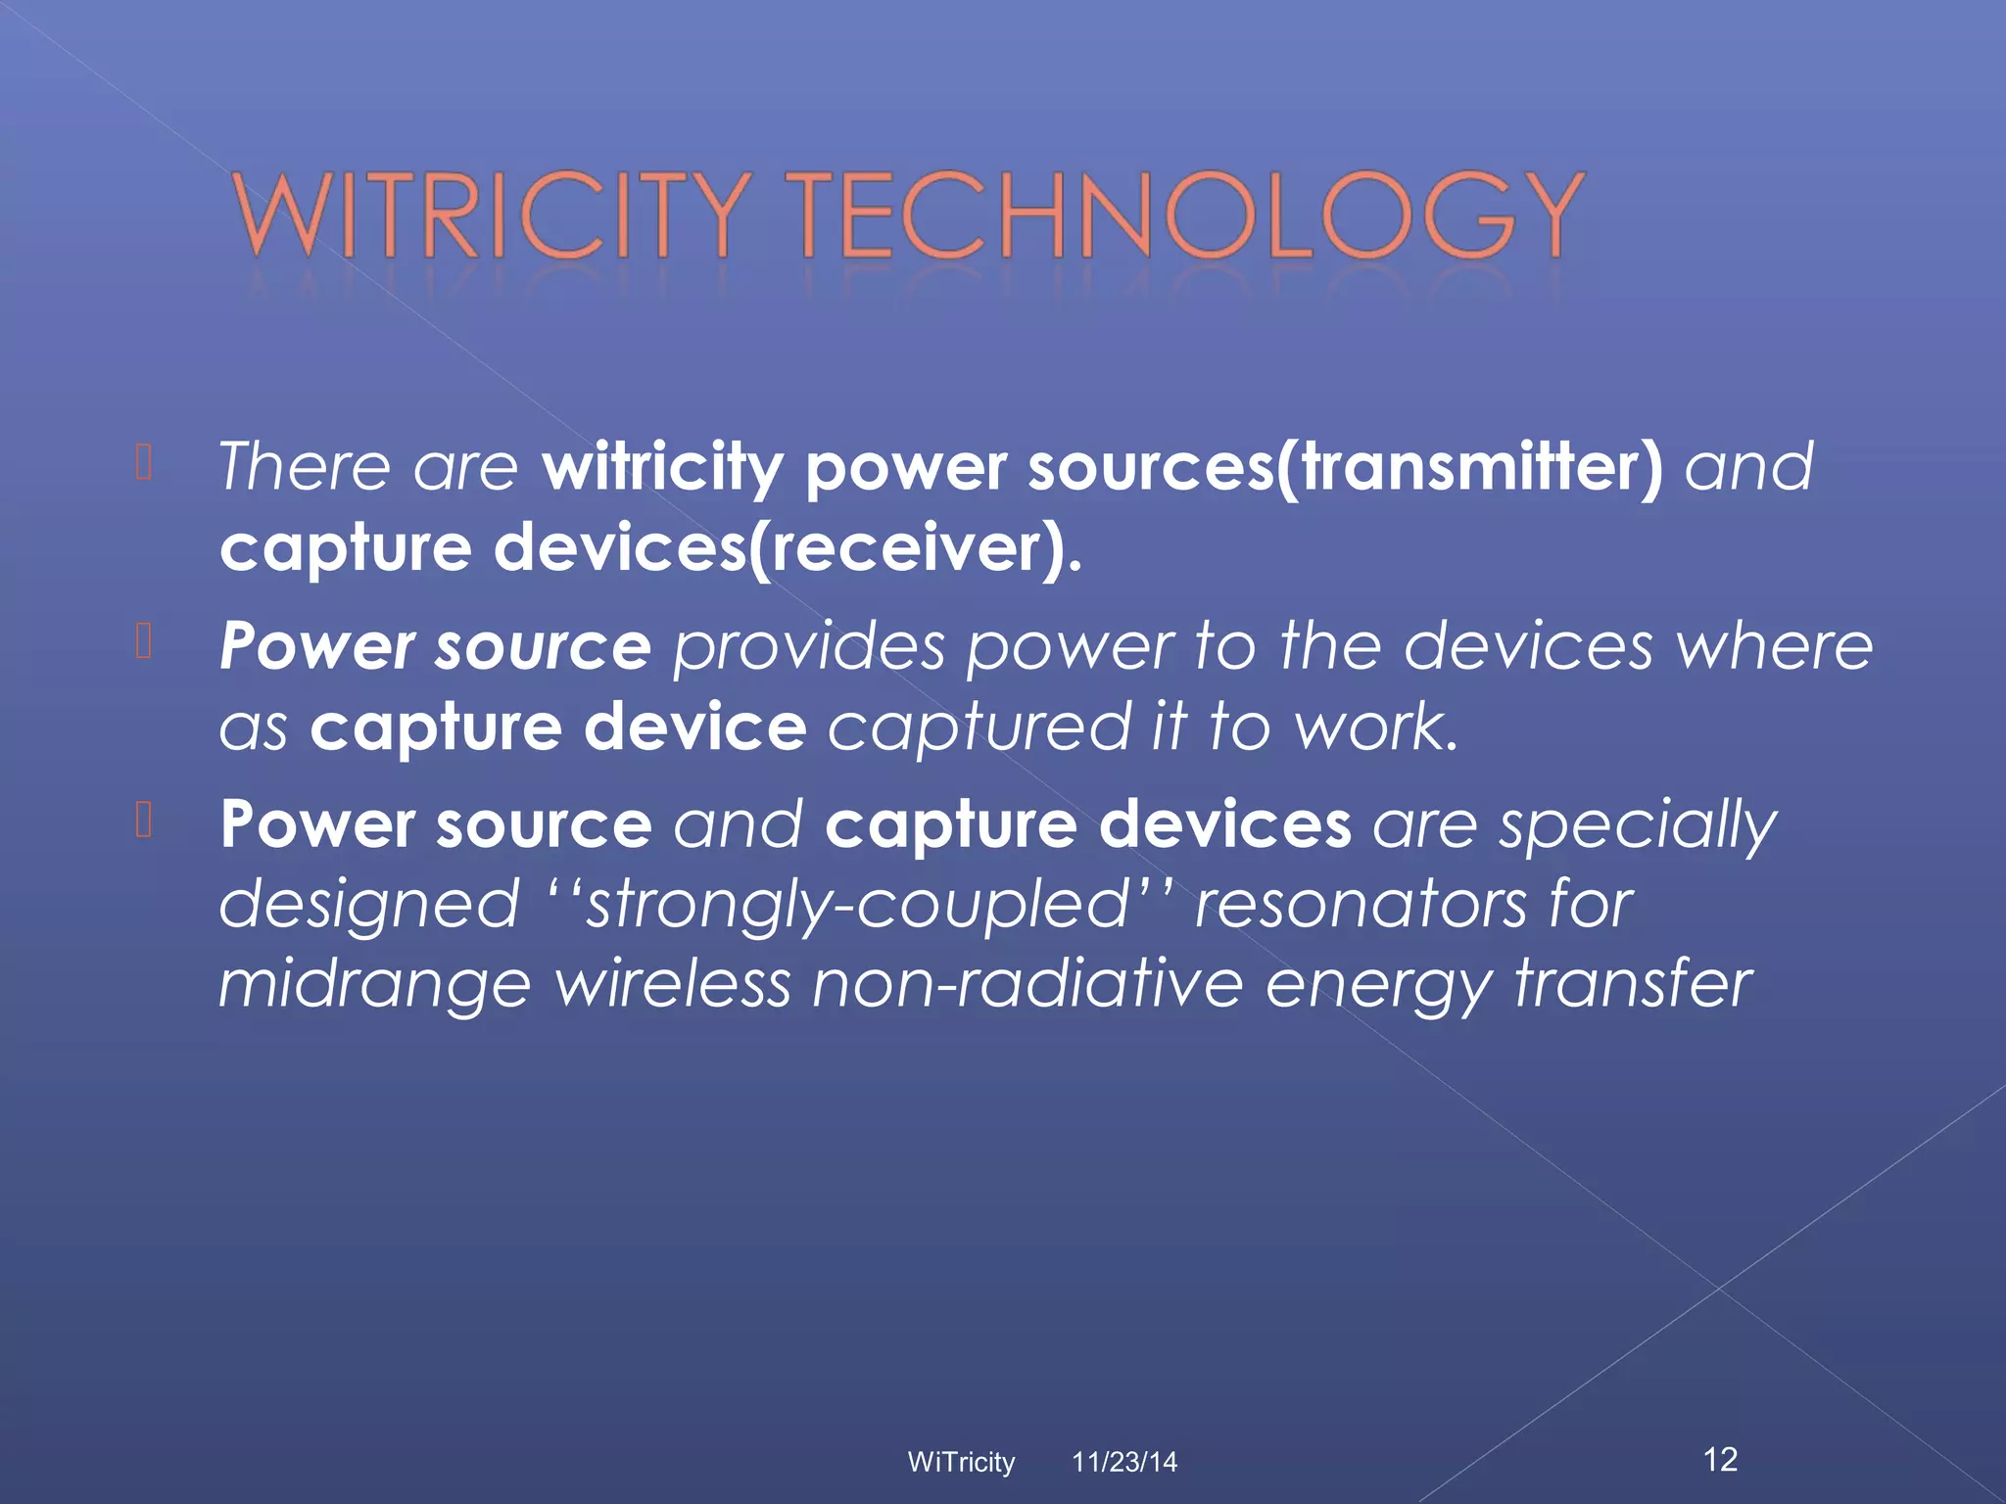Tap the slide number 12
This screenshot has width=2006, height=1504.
(1720, 1459)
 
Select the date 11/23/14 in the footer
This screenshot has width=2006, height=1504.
(1123, 1462)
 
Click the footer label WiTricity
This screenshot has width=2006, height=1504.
(961, 1462)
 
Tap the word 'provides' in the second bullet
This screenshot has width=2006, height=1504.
(809, 647)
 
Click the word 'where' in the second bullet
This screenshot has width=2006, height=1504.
(1774, 647)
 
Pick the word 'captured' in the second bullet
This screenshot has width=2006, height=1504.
(979, 728)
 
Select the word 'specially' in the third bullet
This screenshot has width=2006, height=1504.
(1637, 825)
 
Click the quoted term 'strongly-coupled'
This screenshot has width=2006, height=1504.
(858, 904)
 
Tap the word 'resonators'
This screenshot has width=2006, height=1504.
(1361, 904)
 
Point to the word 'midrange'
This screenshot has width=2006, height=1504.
(374, 984)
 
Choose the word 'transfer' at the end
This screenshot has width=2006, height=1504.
(1634, 983)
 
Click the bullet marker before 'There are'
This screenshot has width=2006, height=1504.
(144, 463)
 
